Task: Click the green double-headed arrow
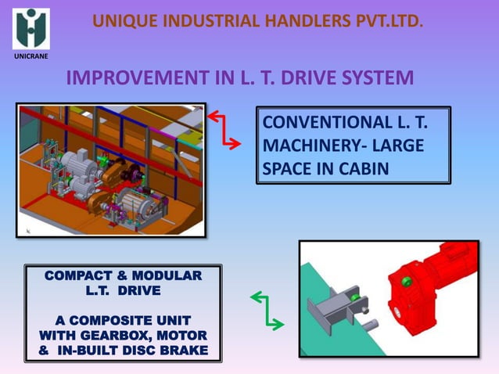[267, 310]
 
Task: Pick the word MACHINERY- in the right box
[311, 146]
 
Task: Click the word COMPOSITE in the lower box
[130, 321]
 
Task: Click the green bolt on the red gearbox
[406, 282]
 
